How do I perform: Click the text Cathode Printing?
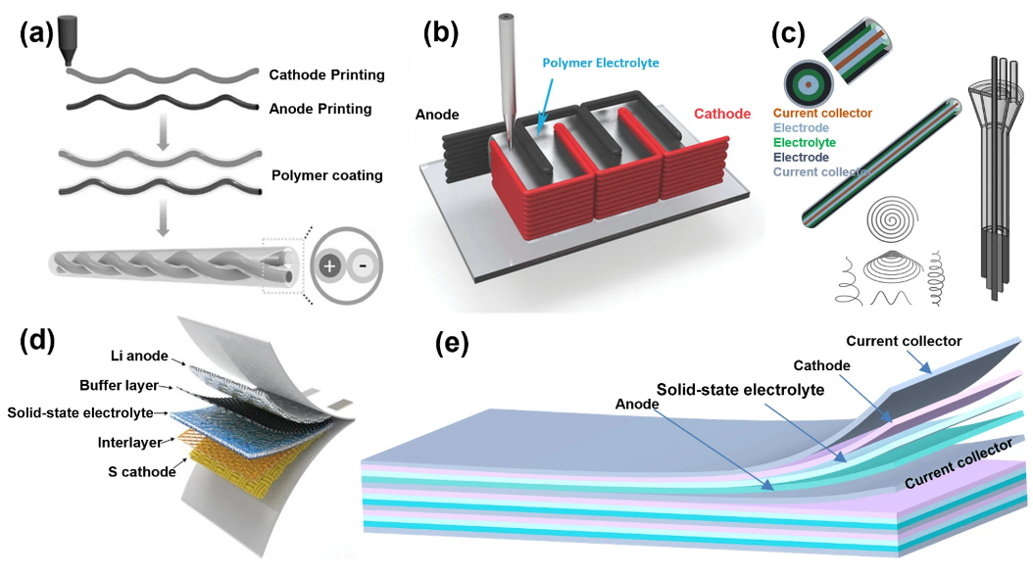[x=326, y=75]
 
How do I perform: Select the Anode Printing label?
[x=320, y=109]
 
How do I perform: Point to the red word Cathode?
[x=722, y=115]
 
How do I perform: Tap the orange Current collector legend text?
[x=823, y=114]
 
